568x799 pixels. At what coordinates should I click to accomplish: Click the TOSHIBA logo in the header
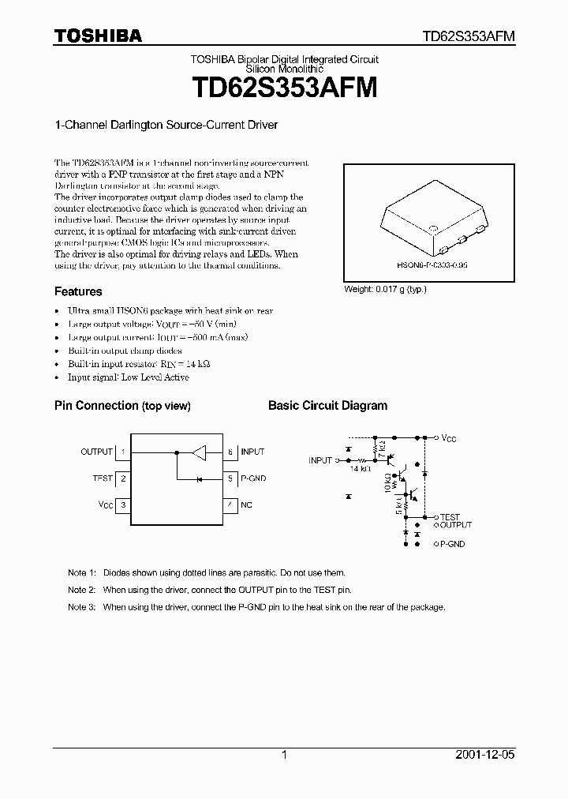click(98, 36)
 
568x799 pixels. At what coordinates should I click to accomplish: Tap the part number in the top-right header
click(469, 36)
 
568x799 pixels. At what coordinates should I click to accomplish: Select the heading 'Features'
click(78, 291)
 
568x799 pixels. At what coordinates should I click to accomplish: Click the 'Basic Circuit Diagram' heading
click(327, 406)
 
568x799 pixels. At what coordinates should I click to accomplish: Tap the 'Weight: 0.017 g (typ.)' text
click(385, 289)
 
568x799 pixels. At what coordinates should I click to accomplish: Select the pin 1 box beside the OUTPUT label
click(123, 452)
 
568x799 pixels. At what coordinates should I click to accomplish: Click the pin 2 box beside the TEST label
click(123, 478)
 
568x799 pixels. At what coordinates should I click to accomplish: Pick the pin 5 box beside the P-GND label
click(230, 478)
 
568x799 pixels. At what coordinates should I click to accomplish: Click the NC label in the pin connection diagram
click(247, 505)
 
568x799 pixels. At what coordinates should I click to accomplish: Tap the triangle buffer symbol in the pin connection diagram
click(199, 452)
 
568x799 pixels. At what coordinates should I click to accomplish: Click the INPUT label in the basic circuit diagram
click(320, 460)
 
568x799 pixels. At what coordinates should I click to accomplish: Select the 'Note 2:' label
click(81, 590)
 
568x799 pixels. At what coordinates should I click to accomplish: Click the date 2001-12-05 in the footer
click(488, 755)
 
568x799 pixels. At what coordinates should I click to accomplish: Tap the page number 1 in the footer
click(284, 755)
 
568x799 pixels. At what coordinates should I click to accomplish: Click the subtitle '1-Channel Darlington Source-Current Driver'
click(166, 125)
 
